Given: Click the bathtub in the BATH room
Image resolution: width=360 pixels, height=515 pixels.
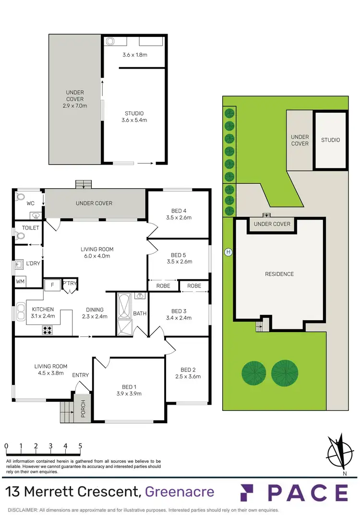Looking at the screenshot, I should click(123, 307).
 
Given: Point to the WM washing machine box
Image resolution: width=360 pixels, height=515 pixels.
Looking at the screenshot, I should click(20, 281).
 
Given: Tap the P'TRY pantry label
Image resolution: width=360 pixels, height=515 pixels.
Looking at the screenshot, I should click(70, 283).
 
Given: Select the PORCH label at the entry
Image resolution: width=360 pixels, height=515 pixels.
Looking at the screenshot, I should click(83, 408).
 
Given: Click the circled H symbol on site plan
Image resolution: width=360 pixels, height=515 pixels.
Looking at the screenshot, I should click(228, 252).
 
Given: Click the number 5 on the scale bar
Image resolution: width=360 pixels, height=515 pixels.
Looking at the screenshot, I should click(80, 446).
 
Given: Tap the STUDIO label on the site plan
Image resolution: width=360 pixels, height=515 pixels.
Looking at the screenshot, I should click(330, 140).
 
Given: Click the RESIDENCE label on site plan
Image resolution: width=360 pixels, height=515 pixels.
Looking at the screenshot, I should click(279, 274).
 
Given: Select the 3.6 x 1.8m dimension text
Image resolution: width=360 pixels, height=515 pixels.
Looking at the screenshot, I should click(134, 55).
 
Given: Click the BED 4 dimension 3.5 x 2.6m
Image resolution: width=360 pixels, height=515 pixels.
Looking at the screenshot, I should click(178, 217).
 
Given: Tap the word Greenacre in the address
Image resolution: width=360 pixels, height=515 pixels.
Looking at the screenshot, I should click(179, 492).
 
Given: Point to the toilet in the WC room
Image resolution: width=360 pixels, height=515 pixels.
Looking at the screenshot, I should click(20, 197).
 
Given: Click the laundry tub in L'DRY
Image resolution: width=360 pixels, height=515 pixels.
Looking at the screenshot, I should click(19, 264).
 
